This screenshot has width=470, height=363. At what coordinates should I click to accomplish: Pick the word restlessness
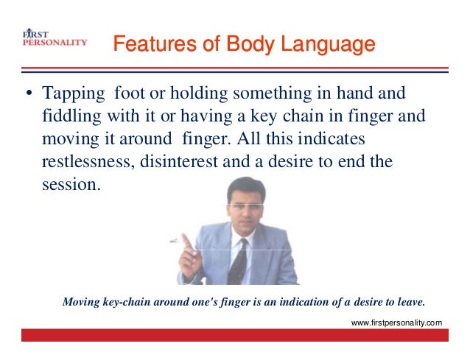83,161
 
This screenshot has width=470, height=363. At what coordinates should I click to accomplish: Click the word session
69,183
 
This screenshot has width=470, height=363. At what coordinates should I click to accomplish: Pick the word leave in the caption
409,302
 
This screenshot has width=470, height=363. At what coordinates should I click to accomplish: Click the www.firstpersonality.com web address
397,323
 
